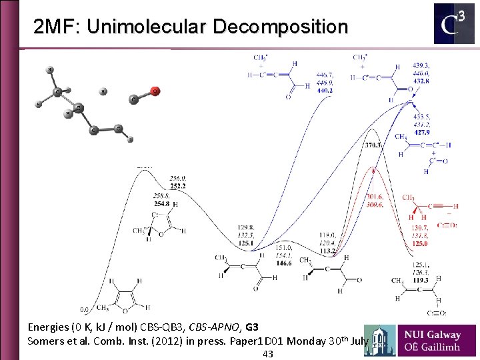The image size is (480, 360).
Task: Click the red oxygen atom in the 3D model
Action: pyautogui.click(x=155, y=91)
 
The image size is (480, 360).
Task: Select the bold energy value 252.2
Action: pyautogui.click(x=178, y=187)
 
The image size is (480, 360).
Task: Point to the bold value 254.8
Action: pyautogui.click(x=162, y=203)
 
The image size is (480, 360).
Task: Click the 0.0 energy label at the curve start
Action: pyautogui.click(x=85, y=309)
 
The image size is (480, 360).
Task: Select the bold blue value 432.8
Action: pyautogui.click(x=421, y=81)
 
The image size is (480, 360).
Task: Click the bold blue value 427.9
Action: pyautogui.click(x=422, y=131)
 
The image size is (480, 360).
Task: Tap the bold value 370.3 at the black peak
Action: pyautogui.click(x=373, y=145)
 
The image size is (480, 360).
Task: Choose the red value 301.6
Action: pyautogui.click(x=375, y=197)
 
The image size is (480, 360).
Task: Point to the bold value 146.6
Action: pyautogui.click(x=283, y=263)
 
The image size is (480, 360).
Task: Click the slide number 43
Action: pyautogui.click(x=268, y=354)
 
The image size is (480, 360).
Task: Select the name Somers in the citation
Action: pyautogui.click(x=45, y=341)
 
